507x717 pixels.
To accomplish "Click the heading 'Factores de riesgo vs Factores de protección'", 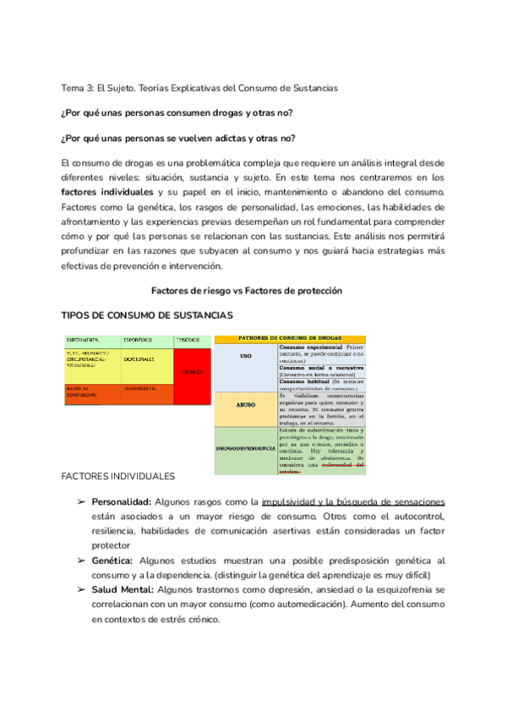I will click(246, 290).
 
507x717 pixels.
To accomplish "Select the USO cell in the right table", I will click(245, 356).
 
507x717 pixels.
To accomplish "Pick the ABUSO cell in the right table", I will click(245, 405).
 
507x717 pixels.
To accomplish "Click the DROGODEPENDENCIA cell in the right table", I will click(245, 446).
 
